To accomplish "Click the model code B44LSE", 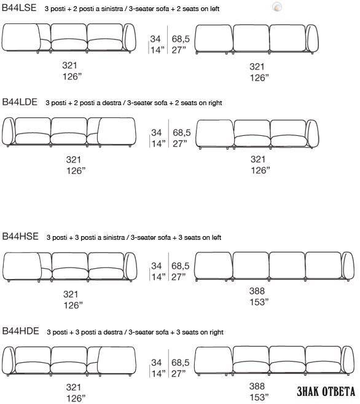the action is click(x=19, y=8).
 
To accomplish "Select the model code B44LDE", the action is click(x=20, y=102).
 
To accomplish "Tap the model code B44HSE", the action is click(x=20, y=236).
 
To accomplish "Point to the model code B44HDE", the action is click(x=20, y=331).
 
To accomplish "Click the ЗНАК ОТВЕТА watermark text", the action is click(x=326, y=391).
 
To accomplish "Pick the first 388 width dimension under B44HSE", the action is click(x=257, y=291).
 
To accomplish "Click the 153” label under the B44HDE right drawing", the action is click(x=259, y=397).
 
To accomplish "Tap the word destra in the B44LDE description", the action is click(x=111, y=103).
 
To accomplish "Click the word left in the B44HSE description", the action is click(x=216, y=237).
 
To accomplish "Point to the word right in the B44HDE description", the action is click(x=216, y=333).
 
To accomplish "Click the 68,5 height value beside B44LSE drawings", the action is click(x=181, y=39).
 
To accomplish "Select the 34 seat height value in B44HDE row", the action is click(x=156, y=363).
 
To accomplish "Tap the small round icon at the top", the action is click(x=277, y=7).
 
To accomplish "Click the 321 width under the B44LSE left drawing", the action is click(x=69, y=65).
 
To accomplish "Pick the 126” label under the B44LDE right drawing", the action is click(x=260, y=170).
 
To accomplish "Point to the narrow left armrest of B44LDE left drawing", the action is click(x=9, y=132).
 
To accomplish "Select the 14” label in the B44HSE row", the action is click(x=158, y=277).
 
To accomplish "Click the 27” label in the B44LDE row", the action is click(x=179, y=143).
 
